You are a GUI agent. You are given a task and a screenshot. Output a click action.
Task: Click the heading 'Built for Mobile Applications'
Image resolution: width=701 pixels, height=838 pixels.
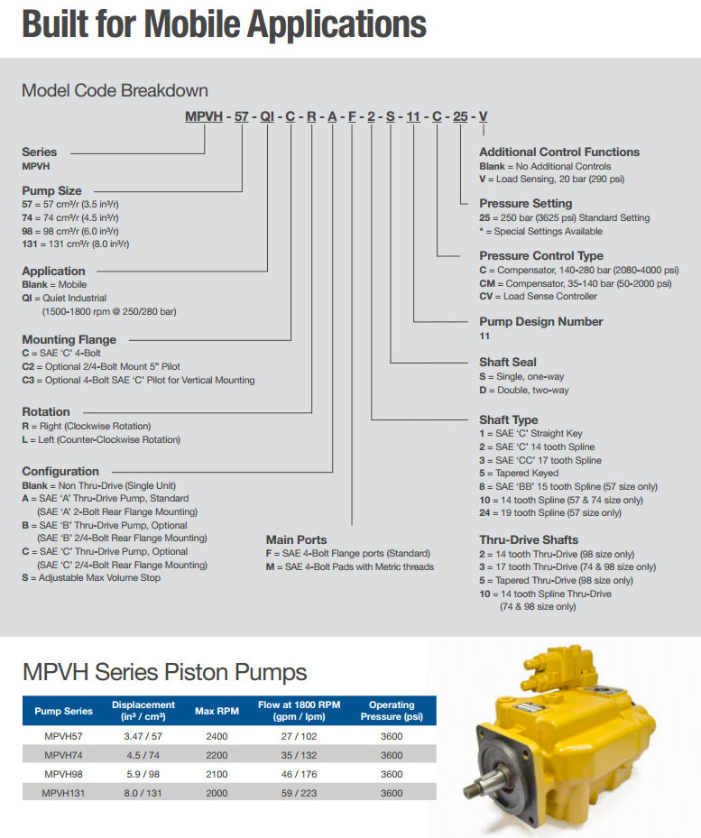224,25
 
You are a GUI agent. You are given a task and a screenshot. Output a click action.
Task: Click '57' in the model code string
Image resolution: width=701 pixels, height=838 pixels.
242,115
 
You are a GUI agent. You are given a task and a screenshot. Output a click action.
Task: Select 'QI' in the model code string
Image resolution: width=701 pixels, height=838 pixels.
268,115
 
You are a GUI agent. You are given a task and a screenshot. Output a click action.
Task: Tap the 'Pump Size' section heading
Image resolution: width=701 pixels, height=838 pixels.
51,191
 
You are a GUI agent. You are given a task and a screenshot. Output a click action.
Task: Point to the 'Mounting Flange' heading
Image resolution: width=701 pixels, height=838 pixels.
69,340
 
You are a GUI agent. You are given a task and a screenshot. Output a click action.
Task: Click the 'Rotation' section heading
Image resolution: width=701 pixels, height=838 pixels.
46,412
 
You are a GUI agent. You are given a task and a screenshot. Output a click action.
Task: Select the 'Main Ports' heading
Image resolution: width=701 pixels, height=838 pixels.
298,540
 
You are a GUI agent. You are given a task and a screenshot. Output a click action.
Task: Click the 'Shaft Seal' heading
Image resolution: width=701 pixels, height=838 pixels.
508,363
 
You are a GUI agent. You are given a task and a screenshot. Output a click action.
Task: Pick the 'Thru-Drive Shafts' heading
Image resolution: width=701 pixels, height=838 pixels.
529,540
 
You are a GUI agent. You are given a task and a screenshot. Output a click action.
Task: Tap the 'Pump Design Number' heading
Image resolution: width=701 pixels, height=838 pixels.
541,322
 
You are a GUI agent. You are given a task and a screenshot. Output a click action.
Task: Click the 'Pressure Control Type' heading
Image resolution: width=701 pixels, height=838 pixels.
541,256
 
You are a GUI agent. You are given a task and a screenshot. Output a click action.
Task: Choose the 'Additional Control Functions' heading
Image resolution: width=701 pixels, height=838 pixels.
559,152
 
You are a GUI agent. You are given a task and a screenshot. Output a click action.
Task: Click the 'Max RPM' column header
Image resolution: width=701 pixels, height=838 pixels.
217,711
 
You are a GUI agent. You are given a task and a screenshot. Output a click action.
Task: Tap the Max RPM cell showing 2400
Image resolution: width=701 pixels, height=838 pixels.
217,736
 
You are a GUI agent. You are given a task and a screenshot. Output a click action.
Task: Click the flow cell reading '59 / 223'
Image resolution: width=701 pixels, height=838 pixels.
300,793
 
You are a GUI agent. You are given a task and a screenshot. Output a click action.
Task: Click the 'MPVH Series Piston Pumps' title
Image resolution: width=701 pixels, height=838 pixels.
164,672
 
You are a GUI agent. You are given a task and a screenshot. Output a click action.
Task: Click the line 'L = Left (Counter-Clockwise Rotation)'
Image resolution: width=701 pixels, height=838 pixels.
101,439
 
